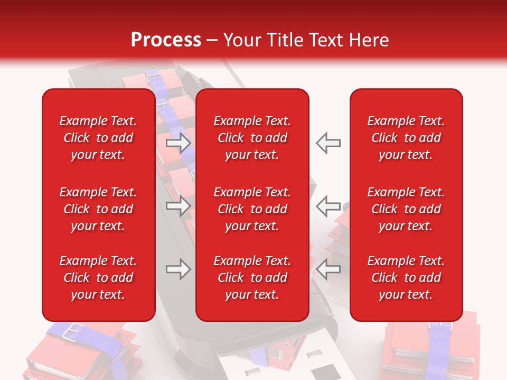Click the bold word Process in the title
(x=166, y=40)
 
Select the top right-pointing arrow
(x=179, y=143)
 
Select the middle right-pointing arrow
(x=179, y=205)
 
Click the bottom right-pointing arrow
(x=179, y=269)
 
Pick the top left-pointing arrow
(x=328, y=143)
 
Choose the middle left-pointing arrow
(x=328, y=205)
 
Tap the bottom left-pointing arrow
(x=328, y=269)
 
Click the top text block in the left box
(x=98, y=138)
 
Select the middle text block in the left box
(x=98, y=209)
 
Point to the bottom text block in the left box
(x=98, y=278)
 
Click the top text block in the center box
(x=252, y=138)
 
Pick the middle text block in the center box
(x=252, y=209)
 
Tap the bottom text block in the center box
(x=252, y=278)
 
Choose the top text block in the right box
(x=406, y=138)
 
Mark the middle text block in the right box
(x=406, y=209)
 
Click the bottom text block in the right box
(x=406, y=278)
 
